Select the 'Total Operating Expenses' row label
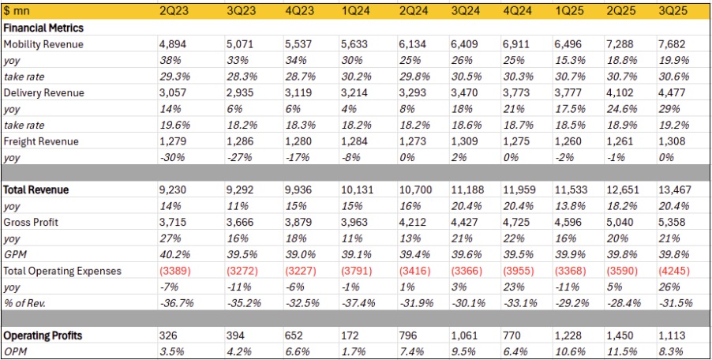(x=63, y=271)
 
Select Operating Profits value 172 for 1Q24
(x=348, y=336)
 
